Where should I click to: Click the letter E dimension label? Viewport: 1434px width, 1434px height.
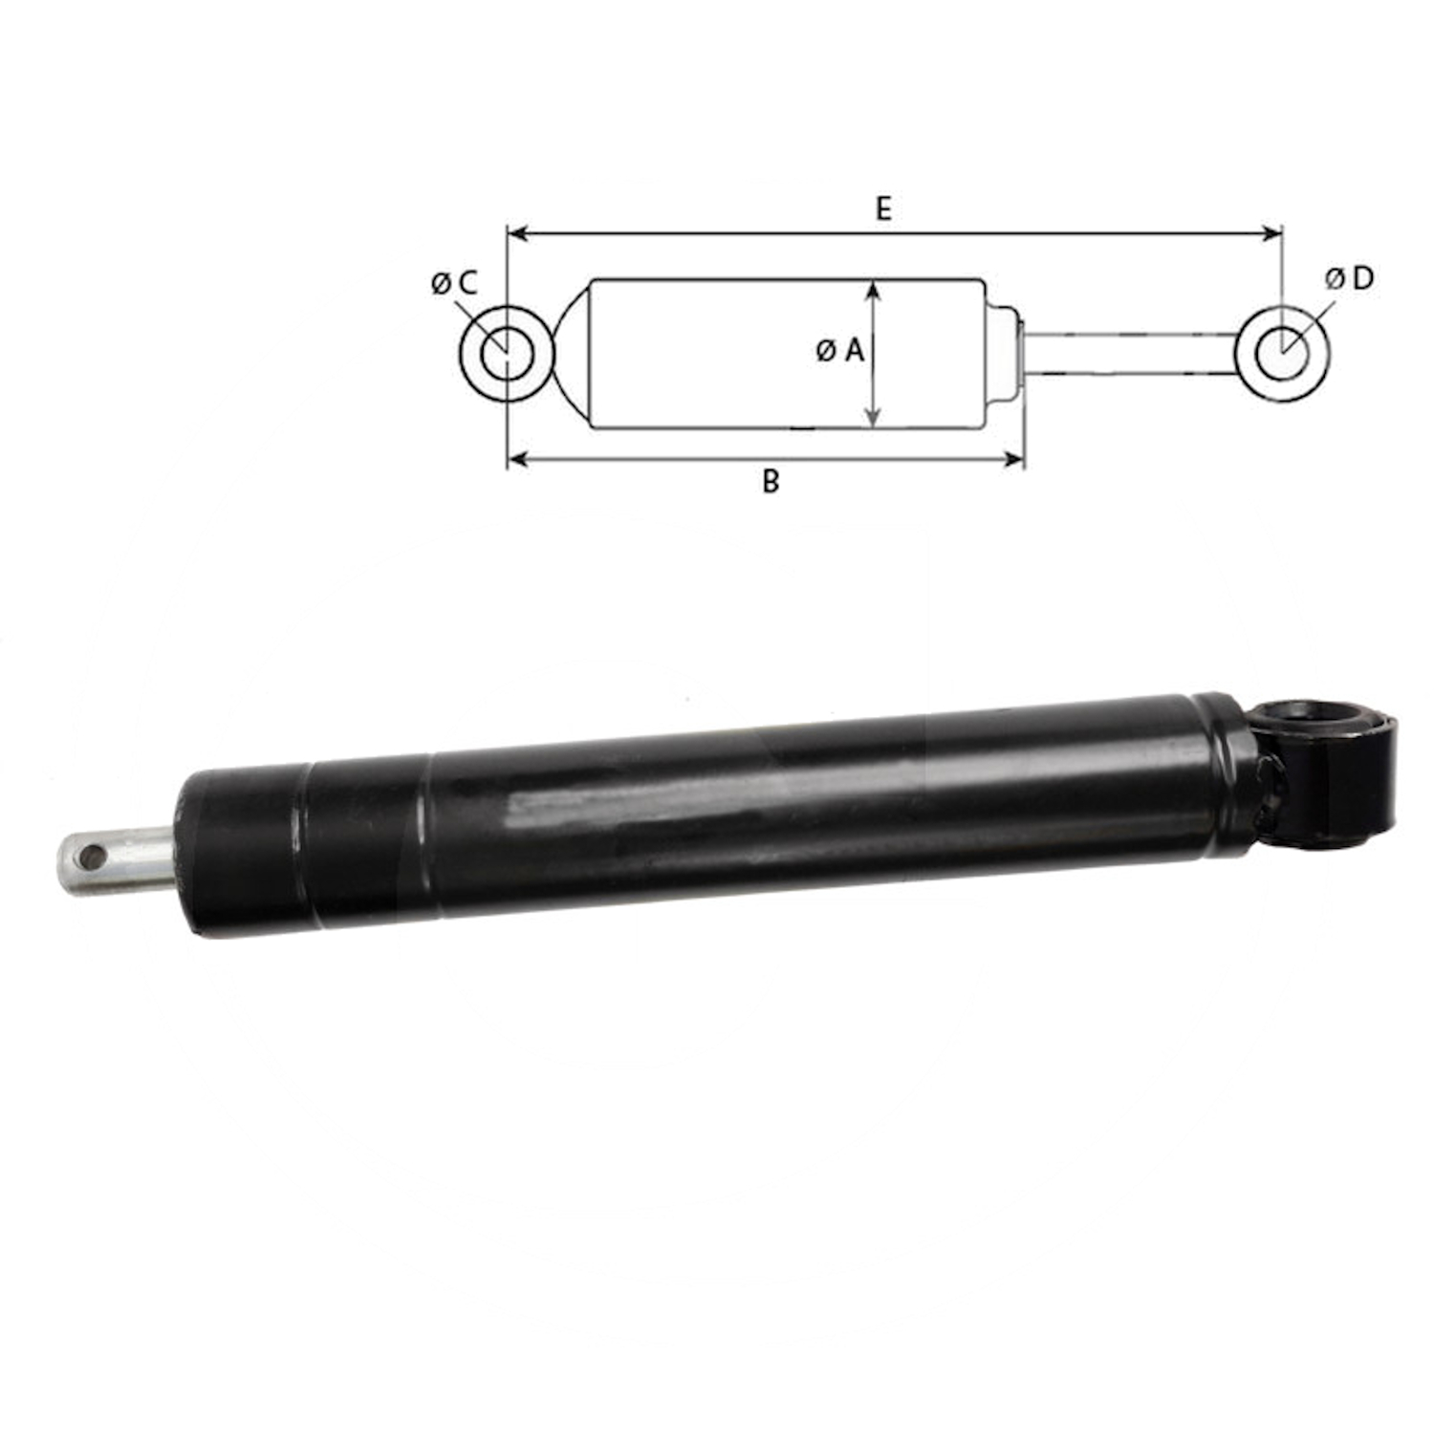[x=883, y=208]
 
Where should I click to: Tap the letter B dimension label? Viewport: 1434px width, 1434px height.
[x=771, y=481]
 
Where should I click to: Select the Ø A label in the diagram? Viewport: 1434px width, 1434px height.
[x=840, y=351]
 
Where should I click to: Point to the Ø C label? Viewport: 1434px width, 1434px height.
[x=453, y=283]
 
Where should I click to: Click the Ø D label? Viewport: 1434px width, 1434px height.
[x=1350, y=278]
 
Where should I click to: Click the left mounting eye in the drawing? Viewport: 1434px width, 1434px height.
[x=469, y=354]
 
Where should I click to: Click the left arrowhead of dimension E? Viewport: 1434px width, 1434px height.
[x=517, y=233]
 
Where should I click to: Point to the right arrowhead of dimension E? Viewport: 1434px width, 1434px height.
[x=1272, y=233]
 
